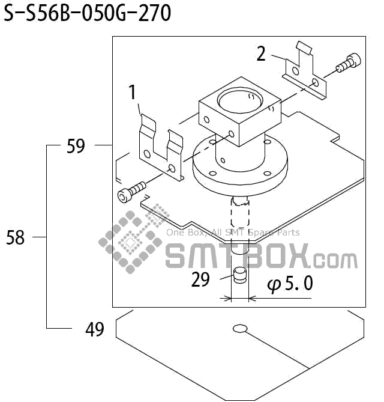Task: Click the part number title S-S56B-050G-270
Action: click(88, 13)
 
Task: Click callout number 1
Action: click(133, 93)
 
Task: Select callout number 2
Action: click(261, 54)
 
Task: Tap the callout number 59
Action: click(76, 146)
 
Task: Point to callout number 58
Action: click(16, 238)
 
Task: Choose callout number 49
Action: click(94, 329)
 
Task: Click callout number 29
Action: click(200, 279)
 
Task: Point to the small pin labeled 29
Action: click(240, 278)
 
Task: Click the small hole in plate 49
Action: click(240, 328)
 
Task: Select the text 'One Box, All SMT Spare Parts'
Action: click(233, 233)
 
